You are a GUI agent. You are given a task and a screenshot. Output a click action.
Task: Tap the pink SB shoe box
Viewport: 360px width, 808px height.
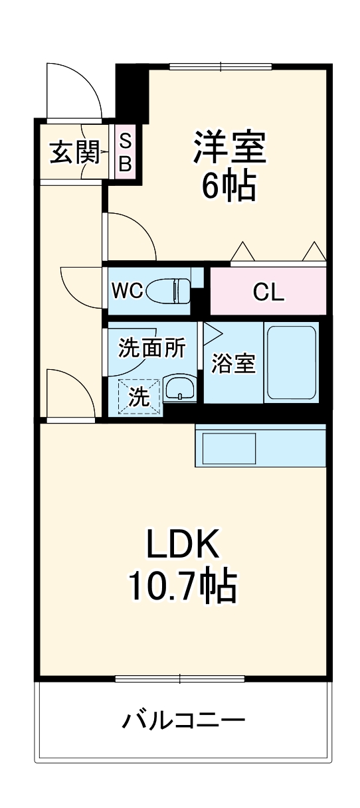pos(125,152)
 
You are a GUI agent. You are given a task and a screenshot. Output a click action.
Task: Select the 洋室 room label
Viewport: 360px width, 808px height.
pos(230,147)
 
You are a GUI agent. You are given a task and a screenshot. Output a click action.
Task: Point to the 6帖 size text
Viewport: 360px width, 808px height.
pos(229,187)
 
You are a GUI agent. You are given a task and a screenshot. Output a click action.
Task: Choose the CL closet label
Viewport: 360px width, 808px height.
pos(268,292)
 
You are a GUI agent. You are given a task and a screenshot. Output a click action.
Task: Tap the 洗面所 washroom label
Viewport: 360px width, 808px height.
pos(151,348)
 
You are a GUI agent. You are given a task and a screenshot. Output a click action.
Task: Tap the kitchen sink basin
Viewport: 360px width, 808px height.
pos(228,449)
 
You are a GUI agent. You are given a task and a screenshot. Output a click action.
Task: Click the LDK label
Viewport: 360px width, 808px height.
pos(183,546)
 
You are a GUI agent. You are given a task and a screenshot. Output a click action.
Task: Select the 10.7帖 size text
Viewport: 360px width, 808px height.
pos(183,586)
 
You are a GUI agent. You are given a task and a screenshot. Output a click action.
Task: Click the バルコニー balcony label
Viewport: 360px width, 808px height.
pos(183,720)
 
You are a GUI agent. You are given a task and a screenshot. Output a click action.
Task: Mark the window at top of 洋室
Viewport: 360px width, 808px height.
pos(221,66)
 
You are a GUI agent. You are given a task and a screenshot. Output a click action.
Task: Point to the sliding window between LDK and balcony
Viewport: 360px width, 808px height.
pos(180,678)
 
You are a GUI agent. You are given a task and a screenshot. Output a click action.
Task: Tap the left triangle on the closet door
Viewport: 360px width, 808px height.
pos(242,252)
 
